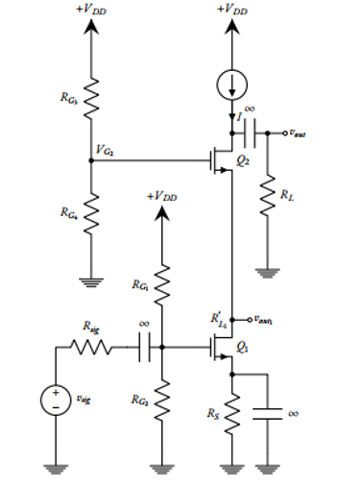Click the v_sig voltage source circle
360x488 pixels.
(x=57, y=397)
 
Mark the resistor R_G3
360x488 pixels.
(x=91, y=95)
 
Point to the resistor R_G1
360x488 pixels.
(x=161, y=285)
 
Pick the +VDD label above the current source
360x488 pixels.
(x=231, y=9)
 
